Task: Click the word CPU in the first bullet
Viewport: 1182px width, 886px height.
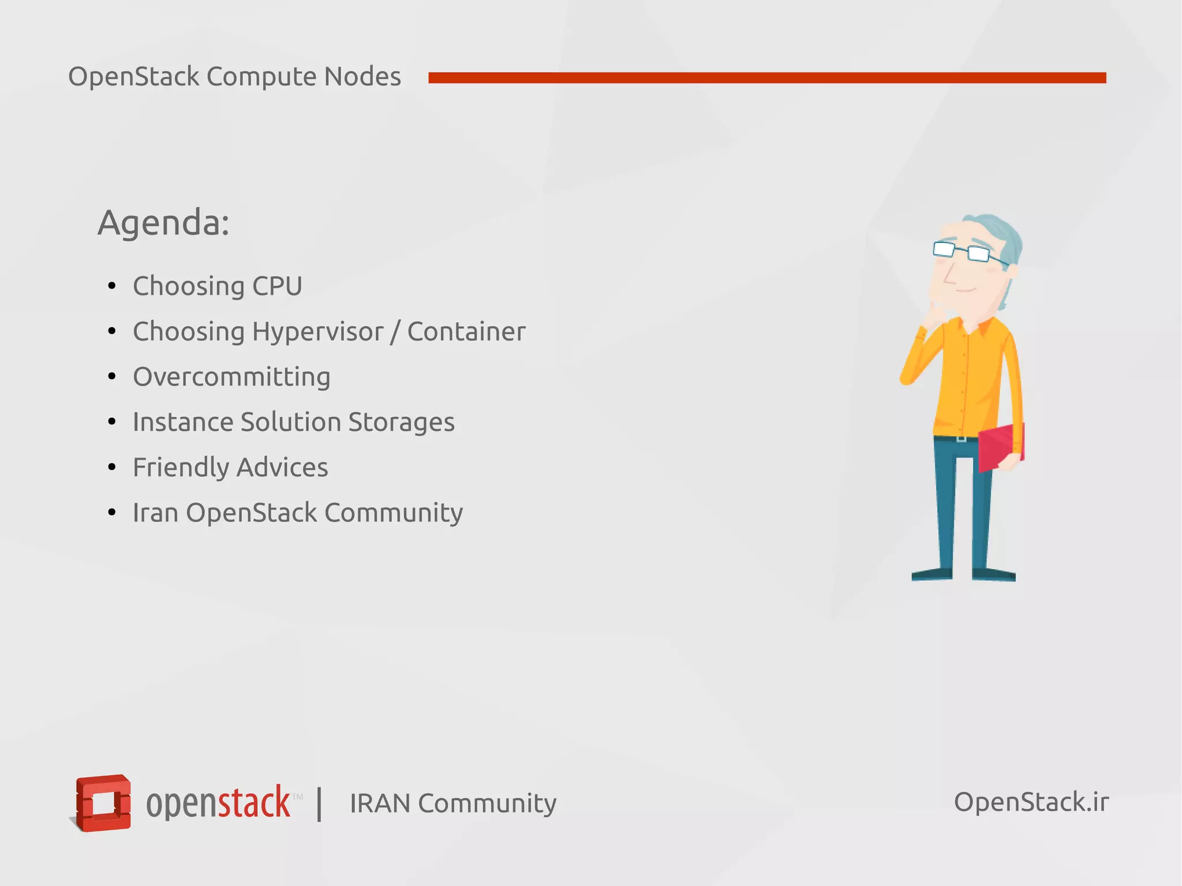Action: (277, 286)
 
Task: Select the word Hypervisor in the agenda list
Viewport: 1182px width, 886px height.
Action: (317, 332)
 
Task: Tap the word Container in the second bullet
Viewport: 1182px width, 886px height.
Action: (466, 332)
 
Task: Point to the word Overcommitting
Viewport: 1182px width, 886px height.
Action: (231, 377)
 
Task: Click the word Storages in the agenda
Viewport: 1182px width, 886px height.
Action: (401, 422)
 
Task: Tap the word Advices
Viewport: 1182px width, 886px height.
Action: (282, 468)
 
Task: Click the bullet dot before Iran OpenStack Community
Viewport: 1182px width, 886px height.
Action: (112, 513)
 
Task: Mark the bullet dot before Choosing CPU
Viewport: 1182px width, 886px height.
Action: (112, 286)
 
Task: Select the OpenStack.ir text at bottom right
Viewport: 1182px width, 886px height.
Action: (1031, 802)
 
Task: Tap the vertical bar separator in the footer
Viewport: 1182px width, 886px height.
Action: (319, 803)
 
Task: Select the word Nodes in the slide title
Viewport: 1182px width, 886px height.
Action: (362, 77)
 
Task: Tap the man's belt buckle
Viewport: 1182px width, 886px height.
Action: (961, 439)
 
